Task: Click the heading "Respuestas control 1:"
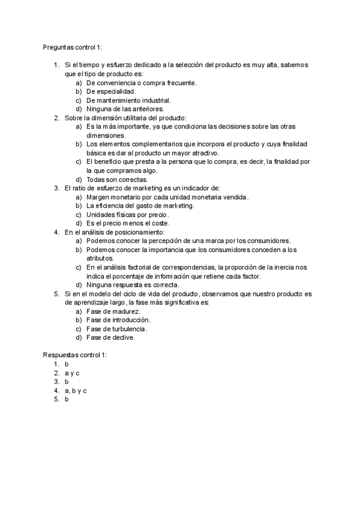click(x=74, y=355)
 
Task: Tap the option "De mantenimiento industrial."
click(x=128, y=100)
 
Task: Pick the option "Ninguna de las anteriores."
click(x=124, y=109)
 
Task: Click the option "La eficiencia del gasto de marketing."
click(x=140, y=206)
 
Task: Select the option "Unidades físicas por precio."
click(x=128, y=215)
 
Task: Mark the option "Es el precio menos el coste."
click(x=127, y=223)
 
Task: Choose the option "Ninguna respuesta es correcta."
click(x=133, y=285)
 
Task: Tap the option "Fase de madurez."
click(x=113, y=311)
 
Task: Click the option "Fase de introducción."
click(x=118, y=320)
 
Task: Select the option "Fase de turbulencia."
click(x=117, y=329)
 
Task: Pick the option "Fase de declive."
click(x=111, y=337)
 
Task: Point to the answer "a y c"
click(x=73, y=373)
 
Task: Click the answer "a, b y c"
click(x=76, y=390)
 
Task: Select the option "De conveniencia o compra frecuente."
click(x=141, y=82)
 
